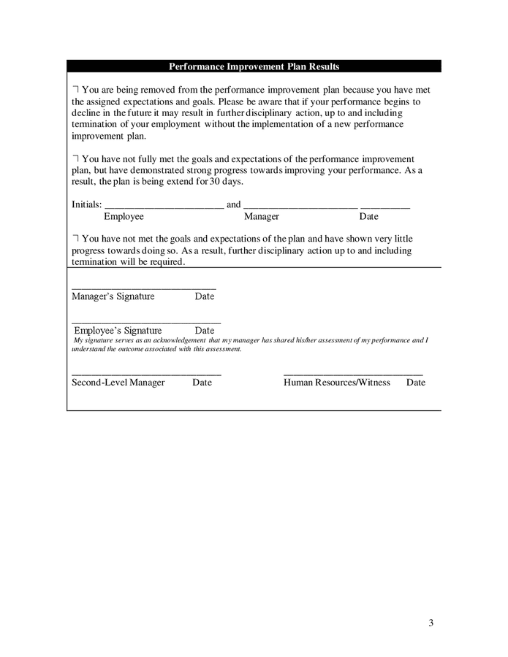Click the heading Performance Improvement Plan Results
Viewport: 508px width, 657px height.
(x=254, y=66)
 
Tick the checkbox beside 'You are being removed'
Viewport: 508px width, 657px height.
(x=75, y=89)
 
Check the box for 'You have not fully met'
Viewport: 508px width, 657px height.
(x=75, y=158)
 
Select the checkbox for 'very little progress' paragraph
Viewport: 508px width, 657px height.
(x=75, y=239)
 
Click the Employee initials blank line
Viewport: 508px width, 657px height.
(x=164, y=208)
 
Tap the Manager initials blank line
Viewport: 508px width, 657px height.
(x=300, y=208)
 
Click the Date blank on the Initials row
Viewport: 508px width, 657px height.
(x=384, y=208)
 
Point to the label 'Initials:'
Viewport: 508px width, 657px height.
(x=86, y=204)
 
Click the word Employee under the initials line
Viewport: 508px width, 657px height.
(x=124, y=217)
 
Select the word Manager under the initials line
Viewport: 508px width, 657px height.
(x=261, y=217)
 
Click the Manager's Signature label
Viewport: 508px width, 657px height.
(x=113, y=296)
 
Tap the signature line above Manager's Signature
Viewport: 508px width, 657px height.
(x=143, y=288)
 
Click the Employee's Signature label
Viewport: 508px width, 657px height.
(x=118, y=331)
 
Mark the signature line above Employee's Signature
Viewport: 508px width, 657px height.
(x=146, y=323)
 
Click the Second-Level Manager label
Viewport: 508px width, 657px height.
(x=118, y=383)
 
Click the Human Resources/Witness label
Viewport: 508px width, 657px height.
(x=336, y=383)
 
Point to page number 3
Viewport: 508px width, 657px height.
(x=431, y=623)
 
